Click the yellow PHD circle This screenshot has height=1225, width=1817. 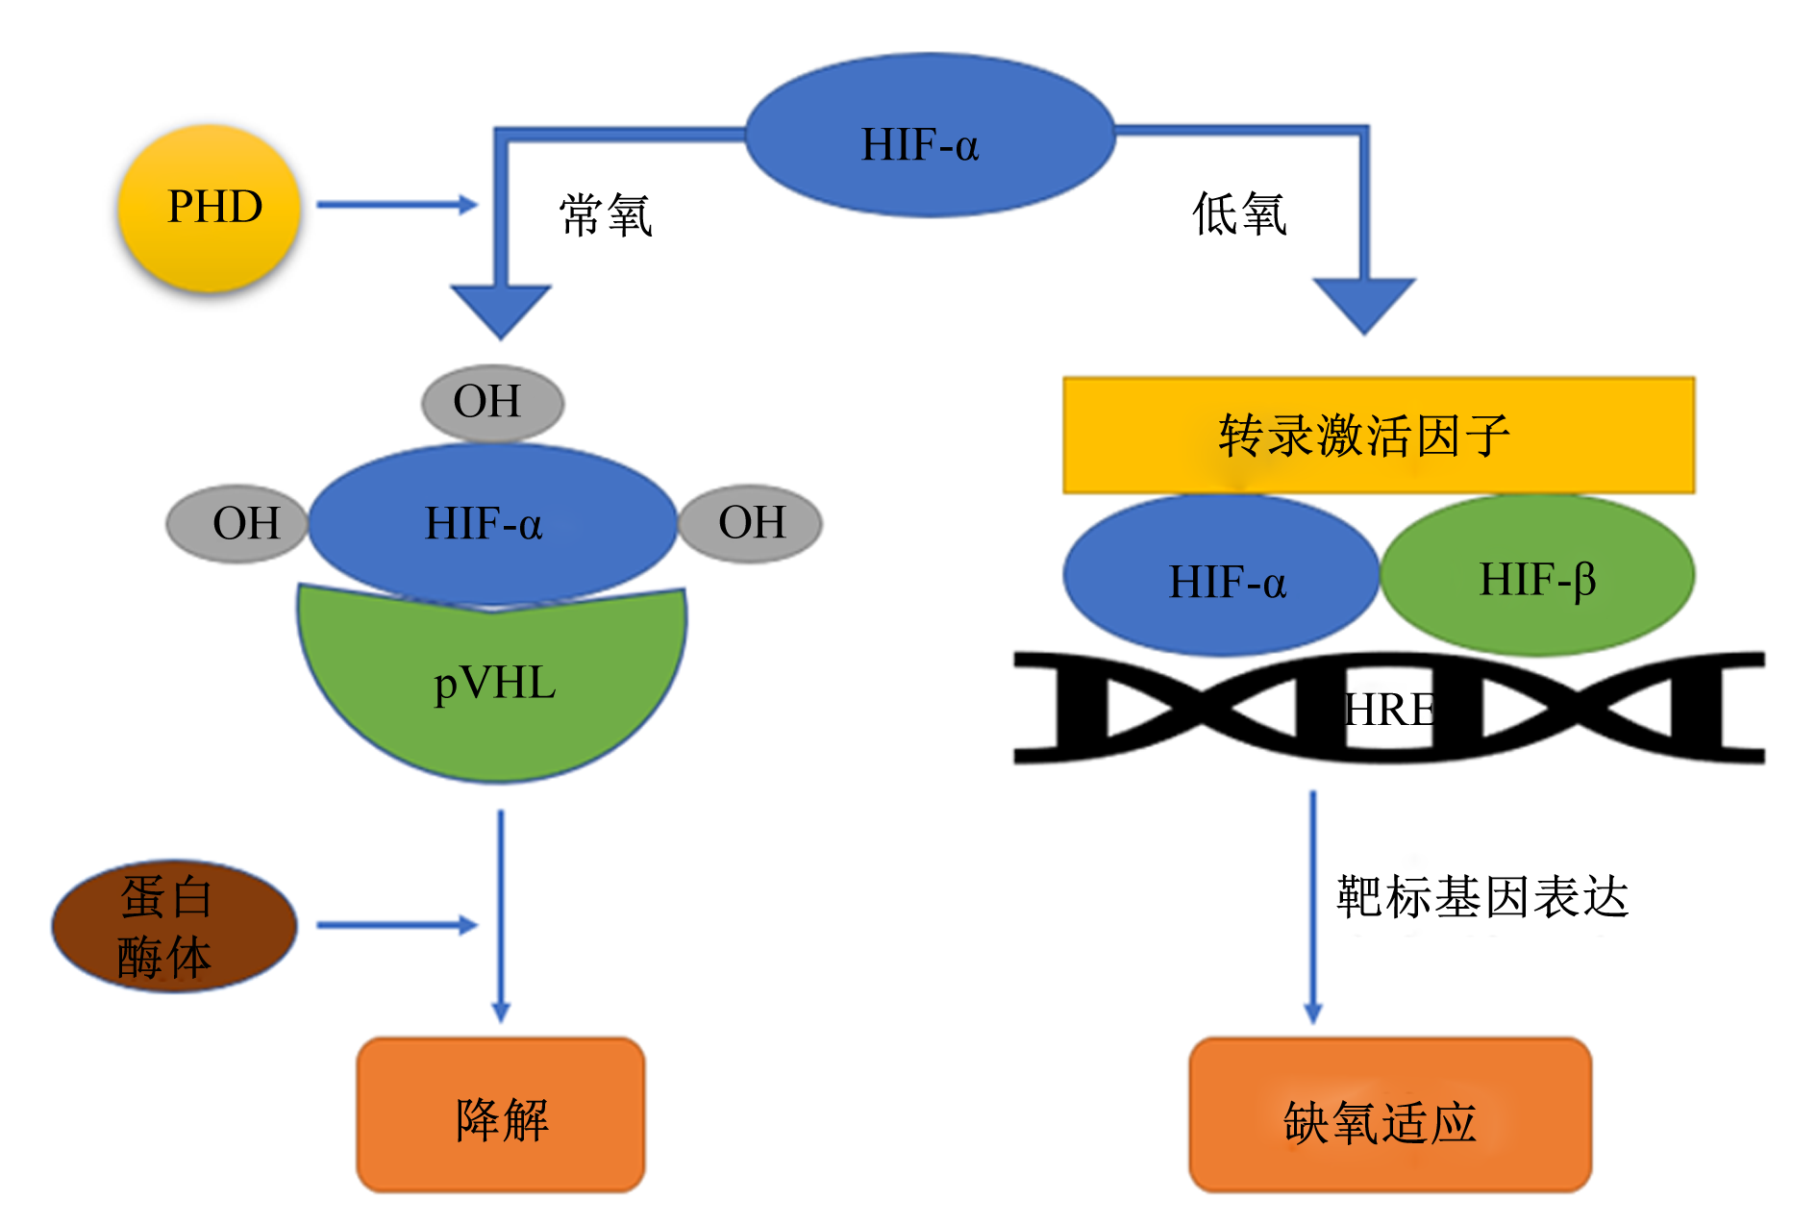coord(210,208)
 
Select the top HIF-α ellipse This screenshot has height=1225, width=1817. coord(930,135)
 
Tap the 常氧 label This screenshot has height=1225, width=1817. coord(607,214)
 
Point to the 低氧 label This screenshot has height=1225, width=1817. coord(1239,213)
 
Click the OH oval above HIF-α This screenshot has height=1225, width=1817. coord(492,403)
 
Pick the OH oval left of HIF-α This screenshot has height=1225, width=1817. coord(237,524)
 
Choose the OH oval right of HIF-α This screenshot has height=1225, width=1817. coord(750,523)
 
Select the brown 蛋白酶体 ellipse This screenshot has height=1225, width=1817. coord(174,926)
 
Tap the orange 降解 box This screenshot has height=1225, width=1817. coord(501,1115)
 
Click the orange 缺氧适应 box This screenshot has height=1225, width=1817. coord(1390,1115)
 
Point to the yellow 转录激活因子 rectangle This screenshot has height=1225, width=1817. coord(1379,436)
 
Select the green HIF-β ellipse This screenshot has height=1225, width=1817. coord(1537,575)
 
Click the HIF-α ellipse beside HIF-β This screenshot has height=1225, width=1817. coord(1221,576)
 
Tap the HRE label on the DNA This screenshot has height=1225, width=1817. coord(1389,711)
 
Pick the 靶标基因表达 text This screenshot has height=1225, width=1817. coord(1482,897)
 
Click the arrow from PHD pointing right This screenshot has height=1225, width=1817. coord(397,205)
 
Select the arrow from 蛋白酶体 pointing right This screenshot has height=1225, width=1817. coord(397,925)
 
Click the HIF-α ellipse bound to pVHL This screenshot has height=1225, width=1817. coord(492,524)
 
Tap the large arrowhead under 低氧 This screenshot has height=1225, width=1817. coord(1364,303)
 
